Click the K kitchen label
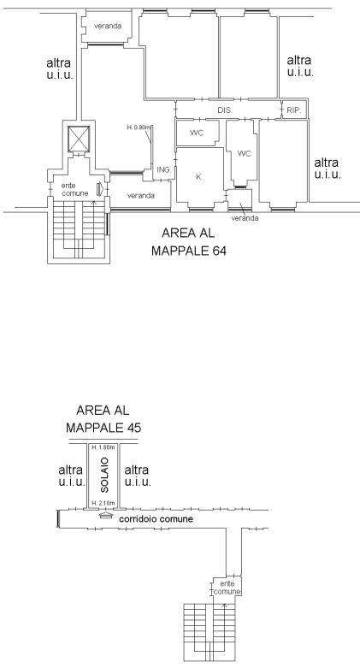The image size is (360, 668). pos(198,177)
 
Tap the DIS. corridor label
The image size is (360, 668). pos(225,110)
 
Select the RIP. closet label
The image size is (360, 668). pos(294,110)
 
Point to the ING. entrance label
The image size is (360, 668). pos(164,169)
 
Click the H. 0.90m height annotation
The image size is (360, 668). pos(139,127)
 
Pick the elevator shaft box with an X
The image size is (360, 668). pos(80,139)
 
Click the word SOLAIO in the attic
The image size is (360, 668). pos(106,476)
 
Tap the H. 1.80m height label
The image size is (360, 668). pos(103,447)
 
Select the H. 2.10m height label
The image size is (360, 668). pos(103,503)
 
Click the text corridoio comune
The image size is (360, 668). pos(156,519)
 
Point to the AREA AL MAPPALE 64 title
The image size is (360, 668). pos(189,242)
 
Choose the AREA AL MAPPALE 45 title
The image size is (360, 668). pos(103,419)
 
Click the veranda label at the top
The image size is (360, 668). pos(108,26)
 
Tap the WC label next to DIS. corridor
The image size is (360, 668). pos(197,133)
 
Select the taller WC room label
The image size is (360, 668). pos(244,153)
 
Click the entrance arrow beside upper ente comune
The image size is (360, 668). pos(100,189)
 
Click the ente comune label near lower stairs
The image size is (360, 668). pos(227,588)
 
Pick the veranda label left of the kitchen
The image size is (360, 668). pos(140,196)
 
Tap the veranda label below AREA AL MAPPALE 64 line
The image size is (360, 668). pos(245,218)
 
